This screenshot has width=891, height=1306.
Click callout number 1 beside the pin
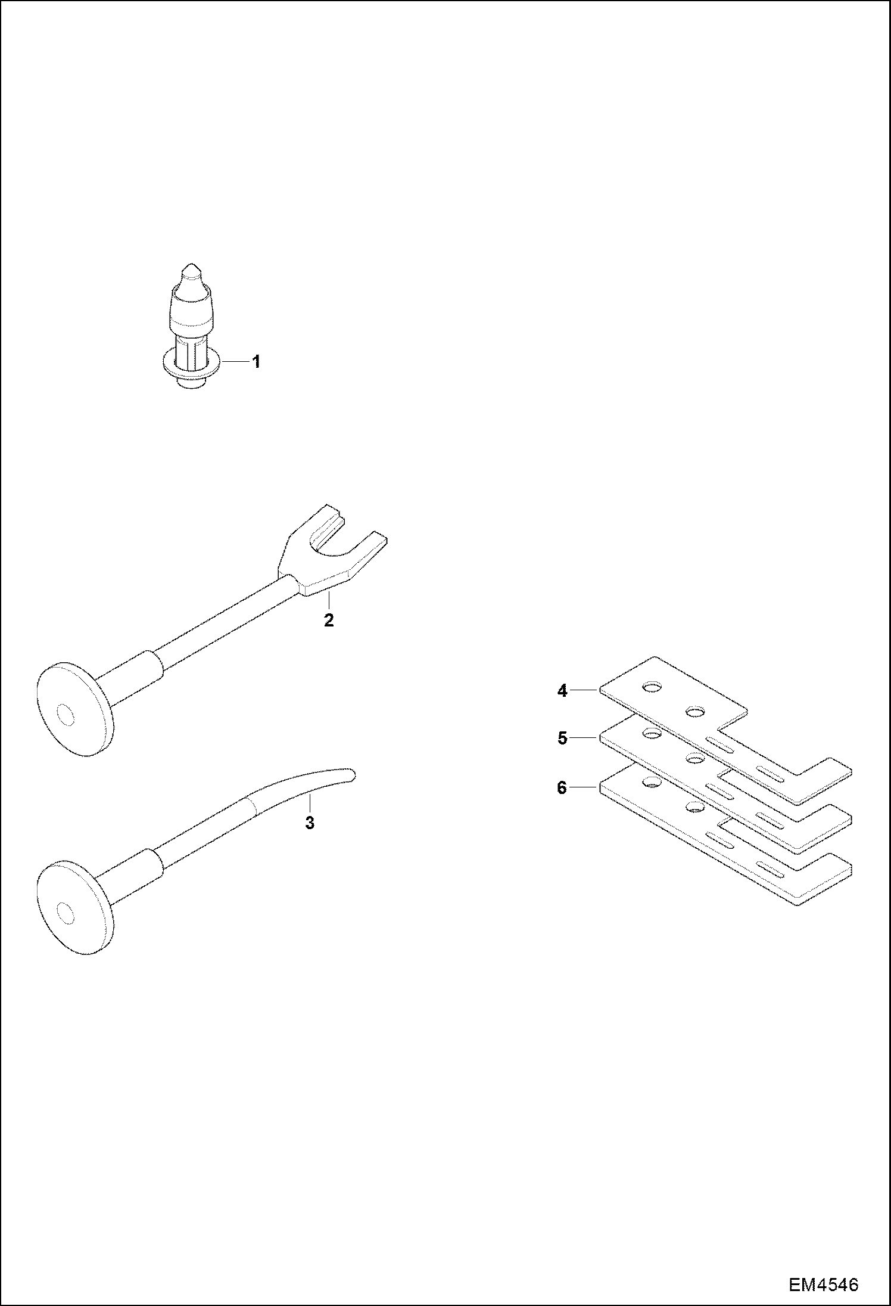point(256,361)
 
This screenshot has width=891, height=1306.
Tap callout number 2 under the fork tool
point(328,621)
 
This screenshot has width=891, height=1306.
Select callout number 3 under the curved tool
point(309,823)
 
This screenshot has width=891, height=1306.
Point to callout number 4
point(563,691)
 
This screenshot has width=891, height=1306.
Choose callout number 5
point(563,738)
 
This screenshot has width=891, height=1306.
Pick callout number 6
point(562,787)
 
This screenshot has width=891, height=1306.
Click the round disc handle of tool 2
point(74,709)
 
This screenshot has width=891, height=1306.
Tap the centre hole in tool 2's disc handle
point(65,714)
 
